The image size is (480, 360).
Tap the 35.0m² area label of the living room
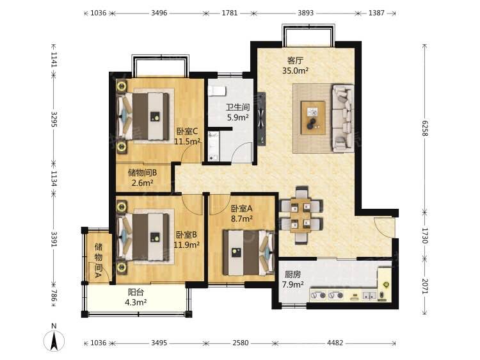coord(295,70)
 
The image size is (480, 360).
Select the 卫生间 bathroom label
coord(238,107)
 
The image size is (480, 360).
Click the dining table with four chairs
coord(301,215)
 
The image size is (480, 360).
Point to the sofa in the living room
coord(343,119)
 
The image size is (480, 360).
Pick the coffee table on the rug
coord(313,118)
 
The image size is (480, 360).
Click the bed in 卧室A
coord(248,253)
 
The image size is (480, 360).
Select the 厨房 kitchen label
coord(292,274)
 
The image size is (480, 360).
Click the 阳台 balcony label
coord(136,292)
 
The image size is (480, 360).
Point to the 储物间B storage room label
coord(142,173)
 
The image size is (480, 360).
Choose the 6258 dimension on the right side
coord(424,128)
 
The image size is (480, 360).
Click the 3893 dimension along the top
coord(305,13)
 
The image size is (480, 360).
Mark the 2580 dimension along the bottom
coord(240,343)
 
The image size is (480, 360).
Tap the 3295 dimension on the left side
coord(54,119)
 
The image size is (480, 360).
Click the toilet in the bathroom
coord(217,91)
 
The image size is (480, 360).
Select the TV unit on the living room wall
coord(261,119)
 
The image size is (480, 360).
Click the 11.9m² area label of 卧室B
coord(187,245)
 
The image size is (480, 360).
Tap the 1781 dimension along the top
coord(230,13)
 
